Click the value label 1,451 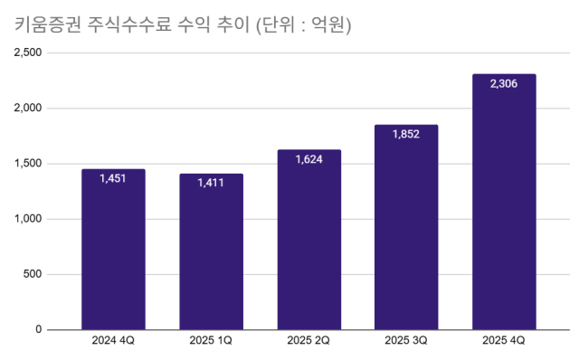(113, 178)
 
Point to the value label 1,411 (211, 183)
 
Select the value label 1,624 (308, 159)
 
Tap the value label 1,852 (406, 134)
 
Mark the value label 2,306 (504, 84)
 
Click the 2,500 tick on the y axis (28, 52)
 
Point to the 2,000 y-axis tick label (28, 109)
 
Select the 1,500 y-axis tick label (28, 164)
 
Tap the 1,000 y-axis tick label (28, 219)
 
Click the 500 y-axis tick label (33, 274)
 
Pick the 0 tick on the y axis (39, 329)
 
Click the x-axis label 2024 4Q (113, 341)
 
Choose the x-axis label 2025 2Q (308, 341)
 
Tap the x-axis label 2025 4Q (504, 341)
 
